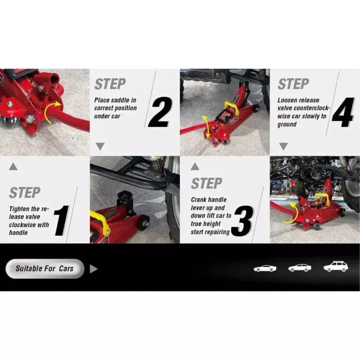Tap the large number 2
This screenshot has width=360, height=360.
tap(161, 112)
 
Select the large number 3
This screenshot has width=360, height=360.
tap(243, 221)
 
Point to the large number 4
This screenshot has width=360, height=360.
tap(343, 112)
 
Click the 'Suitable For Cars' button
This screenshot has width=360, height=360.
tap(45, 269)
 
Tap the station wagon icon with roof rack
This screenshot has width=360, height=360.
tap(336, 266)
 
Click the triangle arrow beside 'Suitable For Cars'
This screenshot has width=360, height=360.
tap(94, 269)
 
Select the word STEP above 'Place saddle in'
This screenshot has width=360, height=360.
tap(110, 84)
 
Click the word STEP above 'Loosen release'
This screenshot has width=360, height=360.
tap(293, 84)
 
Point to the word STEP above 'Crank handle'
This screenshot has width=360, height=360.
tap(207, 183)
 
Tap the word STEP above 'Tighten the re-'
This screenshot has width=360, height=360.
tap(25, 193)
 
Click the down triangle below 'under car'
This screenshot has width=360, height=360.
tap(100, 146)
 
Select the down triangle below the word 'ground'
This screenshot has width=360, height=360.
tap(283, 146)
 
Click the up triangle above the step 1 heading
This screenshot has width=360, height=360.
tap(13, 166)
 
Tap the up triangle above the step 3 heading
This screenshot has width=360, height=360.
tap(195, 166)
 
